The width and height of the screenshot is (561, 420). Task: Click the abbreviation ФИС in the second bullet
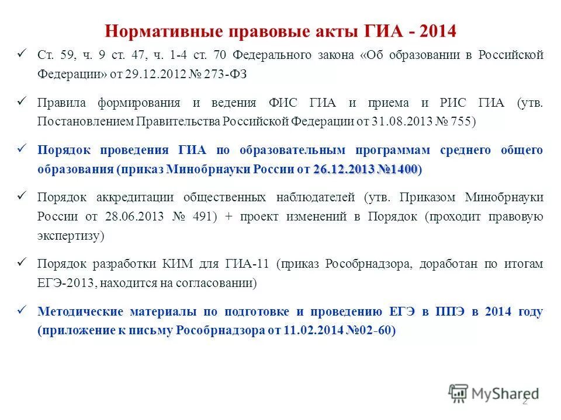pyautogui.click(x=285, y=103)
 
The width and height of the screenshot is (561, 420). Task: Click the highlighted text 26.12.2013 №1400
pyautogui.click(x=365, y=169)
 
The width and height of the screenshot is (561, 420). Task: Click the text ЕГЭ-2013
pyautogui.click(x=66, y=283)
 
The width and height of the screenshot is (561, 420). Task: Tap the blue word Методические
pyautogui.click(x=84, y=311)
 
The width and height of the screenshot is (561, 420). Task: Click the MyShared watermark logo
pyautogui.click(x=494, y=393)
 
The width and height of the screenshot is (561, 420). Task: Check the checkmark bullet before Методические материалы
pyautogui.click(x=23, y=310)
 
